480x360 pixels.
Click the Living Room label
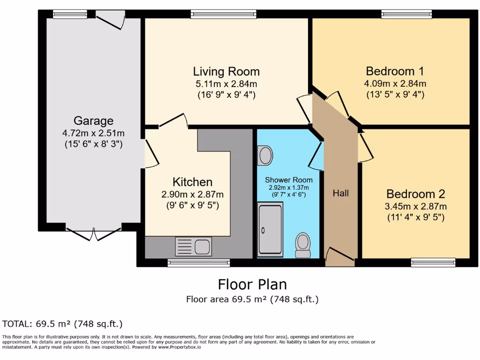226,72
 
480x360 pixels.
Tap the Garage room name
93,120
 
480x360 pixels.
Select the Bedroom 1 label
395,71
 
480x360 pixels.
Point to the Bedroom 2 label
416,194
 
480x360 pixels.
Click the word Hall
341,193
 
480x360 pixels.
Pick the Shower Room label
288,180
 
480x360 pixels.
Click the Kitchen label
192,182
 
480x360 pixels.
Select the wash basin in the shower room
265,155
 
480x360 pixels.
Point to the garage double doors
93,233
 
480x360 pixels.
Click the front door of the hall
340,255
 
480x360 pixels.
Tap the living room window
224,15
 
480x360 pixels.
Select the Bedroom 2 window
433,262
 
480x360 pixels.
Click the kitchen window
199,263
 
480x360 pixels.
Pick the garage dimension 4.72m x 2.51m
93,133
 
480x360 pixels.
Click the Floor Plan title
252,284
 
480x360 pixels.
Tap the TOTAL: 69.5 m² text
62,323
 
